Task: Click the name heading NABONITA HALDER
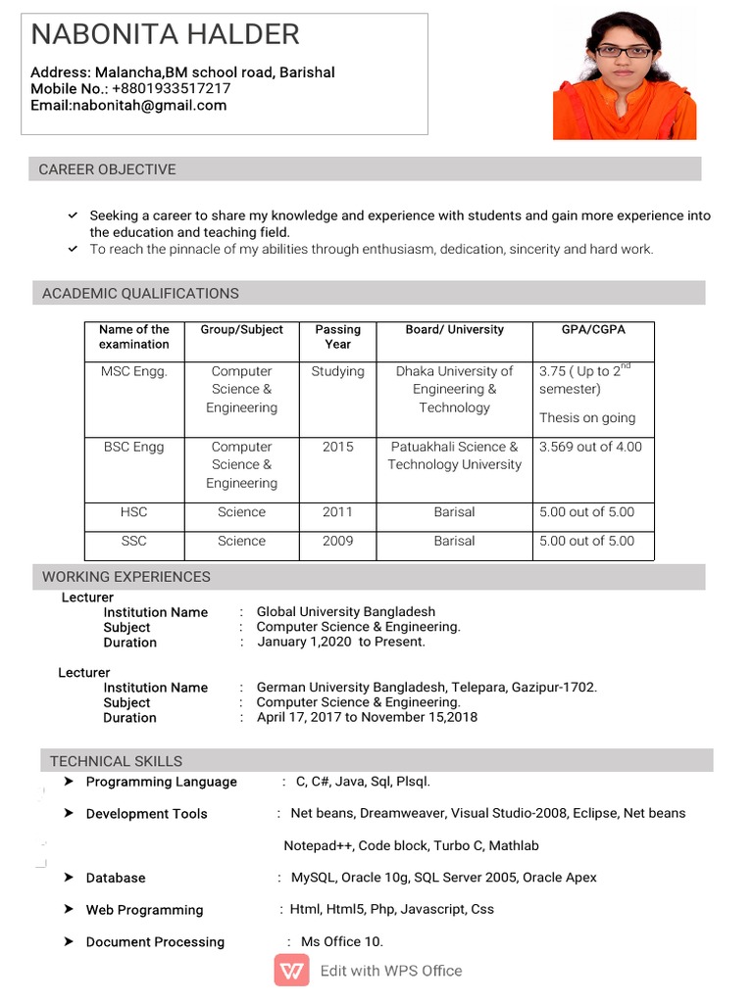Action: pyautogui.click(x=165, y=35)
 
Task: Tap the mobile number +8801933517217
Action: pyautogui.click(x=172, y=88)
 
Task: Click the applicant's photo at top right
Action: pyautogui.click(x=625, y=75)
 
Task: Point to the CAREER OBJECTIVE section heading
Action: pyautogui.click(x=107, y=169)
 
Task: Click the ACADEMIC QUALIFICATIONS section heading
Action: pyautogui.click(x=140, y=293)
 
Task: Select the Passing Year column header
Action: pyautogui.click(x=337, y=337)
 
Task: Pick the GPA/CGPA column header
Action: pyautogui.click(x=592, y=330)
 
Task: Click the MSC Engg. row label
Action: pyautogui.click(x=134, y=371)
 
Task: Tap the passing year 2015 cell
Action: pyautogui.click(x=337, y=447)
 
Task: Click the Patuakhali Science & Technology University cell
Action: pyautogui.click(x=454, y=455)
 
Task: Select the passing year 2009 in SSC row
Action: pyautogui.click(x=337, y=541)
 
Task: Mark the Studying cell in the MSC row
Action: pyautogui.click(x=337, y=371)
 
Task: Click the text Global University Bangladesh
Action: pyautogui.click(x=345, y=611)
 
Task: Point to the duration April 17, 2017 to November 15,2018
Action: pyautogui.click(x=367, y=717)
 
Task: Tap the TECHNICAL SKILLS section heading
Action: pyautogui.click(x=116, y=761)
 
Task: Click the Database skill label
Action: pyautogui.click(x=115, y=878)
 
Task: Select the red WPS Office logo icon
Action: pyautogui.click(x=291, y=971)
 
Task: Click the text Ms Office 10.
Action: pyautogui.click(x=341, y=941)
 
